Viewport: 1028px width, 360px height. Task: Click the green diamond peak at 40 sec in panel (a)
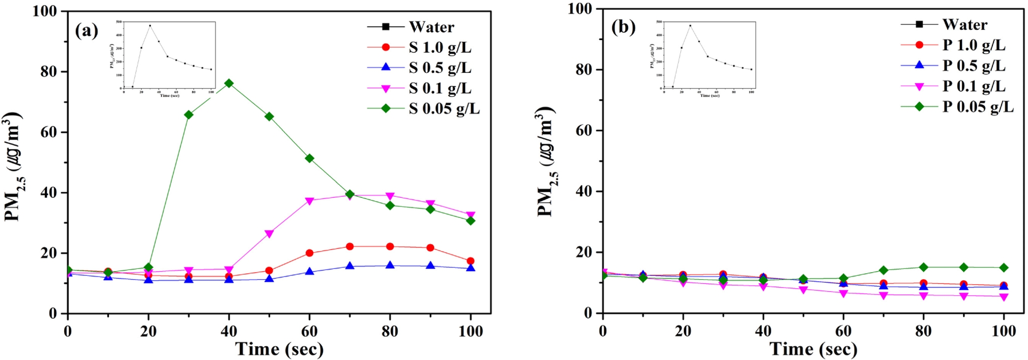point(229,83)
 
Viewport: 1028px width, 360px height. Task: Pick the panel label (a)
point(86,31)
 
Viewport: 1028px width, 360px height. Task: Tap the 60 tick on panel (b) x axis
point(843,331)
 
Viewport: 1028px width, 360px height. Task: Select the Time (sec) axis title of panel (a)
point(279,349)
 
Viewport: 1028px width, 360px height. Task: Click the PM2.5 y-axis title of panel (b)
point(546,162)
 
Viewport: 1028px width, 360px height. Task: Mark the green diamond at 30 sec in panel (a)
point(189,115)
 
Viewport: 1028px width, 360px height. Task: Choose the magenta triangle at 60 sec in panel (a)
point(309,201)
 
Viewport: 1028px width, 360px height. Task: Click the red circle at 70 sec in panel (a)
point(350,247)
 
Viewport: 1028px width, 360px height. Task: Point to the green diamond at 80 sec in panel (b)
point(924,267)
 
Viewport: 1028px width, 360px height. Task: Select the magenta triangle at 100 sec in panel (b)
point(1004,297)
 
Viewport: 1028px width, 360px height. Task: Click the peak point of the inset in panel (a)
point(150,25)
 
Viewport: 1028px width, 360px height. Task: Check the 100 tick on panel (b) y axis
point(583,9)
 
